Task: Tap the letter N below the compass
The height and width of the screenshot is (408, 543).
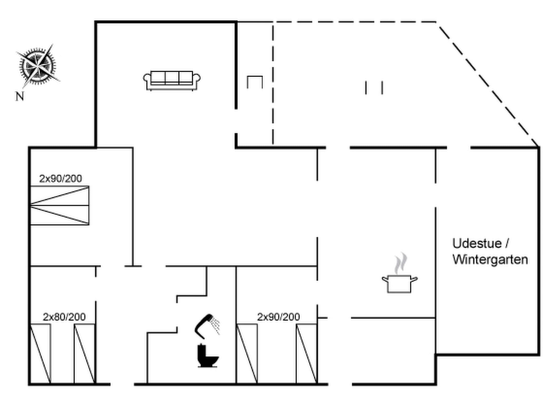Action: pyautogui.click(x=20, y=96)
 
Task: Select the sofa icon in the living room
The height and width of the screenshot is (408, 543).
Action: pyautogui.click(x=172, y=80)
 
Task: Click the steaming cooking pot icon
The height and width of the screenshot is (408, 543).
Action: pyautogui.click(x=400, y=283)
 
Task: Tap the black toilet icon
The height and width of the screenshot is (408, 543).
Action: pyautogui.click(x=208, y=356)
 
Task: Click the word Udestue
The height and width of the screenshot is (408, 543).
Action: pyautogui.click(x=477, y=243)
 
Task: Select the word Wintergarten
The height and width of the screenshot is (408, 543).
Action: pyautogui.click(x=490, y=260)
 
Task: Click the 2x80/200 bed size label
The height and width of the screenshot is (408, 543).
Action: pyautogui.click(x=64, y=317)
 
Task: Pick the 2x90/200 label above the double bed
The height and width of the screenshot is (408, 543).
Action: pyautogui.click(x=60, y=178)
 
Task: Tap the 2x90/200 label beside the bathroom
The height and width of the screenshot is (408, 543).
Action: pyautogui.click(x=278, y=317)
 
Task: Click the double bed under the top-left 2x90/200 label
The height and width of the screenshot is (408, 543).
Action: pyautogui.click(x=60, y=206)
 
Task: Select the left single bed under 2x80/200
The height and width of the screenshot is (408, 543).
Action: pyautogui.click(x=40, y=354)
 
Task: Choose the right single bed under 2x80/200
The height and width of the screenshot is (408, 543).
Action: pyautogui.click(x=84, y=354)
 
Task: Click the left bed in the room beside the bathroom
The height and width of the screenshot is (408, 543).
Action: pyautogui.click(x=247, y=354)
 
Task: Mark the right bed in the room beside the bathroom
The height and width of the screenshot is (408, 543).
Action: pyautogui.click(x=307, y=354)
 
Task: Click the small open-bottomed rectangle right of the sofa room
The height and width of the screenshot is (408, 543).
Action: pyautogui.click(x=255, y=82)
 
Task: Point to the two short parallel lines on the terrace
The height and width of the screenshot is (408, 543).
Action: pyautogui.click(x=374, y=88)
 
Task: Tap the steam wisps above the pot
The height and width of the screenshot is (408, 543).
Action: pyautogui.click(x=401, y=263)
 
